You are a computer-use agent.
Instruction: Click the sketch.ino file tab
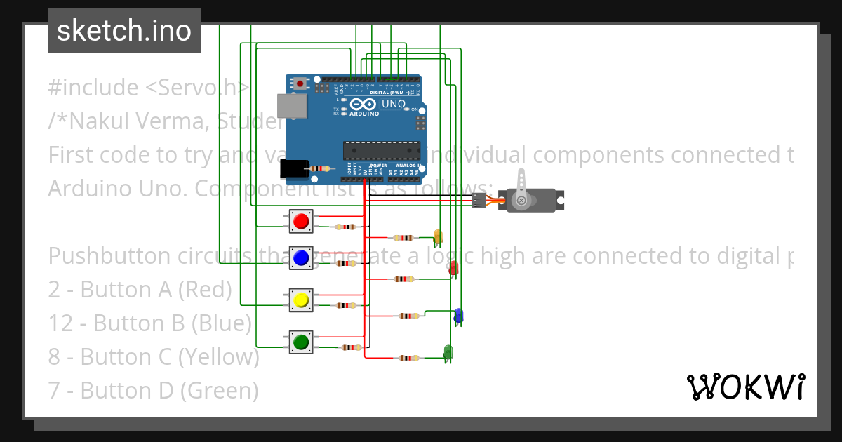click(x=124, y=31)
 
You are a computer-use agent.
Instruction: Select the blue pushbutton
click(x=301, y=257)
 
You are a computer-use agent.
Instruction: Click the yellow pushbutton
click(x=301, y=300)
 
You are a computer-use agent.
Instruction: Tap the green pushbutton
click(x=301, y=342)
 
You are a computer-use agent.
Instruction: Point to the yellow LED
click(x=438, y=236)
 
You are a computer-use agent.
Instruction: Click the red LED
click(x=454, y=267)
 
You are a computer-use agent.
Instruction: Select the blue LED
click(x=458, y=315)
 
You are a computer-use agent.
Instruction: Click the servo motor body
click(x=533, y=201)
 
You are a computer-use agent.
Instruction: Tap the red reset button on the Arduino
click(x=300, y=83)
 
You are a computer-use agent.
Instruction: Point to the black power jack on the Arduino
click(x=293, y=168)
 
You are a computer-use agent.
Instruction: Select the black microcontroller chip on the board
click(x=381, y=150)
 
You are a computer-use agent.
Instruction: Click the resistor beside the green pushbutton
click(x=351, y=348)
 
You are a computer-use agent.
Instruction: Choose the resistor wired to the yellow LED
click(x=405, y=238)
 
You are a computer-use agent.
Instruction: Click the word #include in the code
click(x=93, y=88)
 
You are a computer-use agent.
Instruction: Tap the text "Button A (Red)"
click(x=156, y=289)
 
